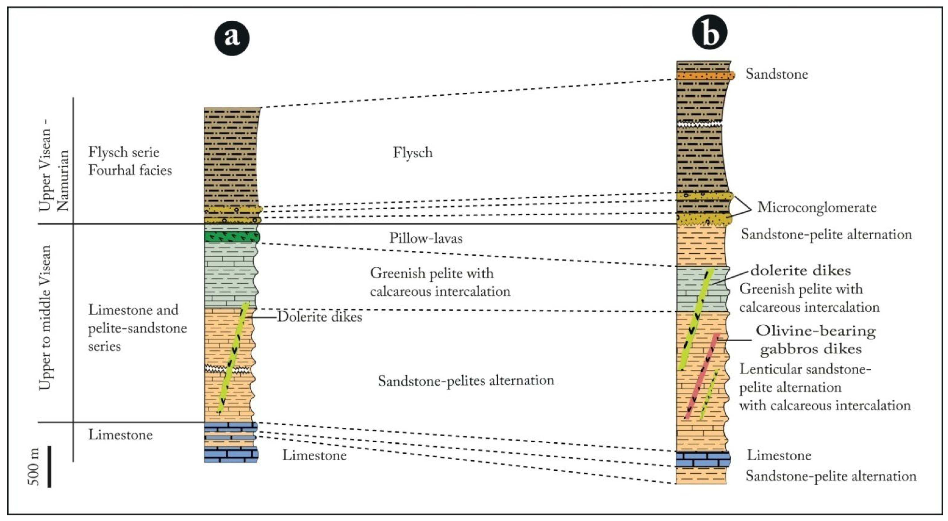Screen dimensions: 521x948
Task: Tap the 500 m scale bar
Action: [49, 467]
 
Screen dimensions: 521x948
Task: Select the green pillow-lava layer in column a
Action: [232, 237]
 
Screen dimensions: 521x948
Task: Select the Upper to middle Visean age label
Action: [45, 317]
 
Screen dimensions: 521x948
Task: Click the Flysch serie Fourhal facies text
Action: [130, 161]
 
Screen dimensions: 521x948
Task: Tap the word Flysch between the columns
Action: [412, 153]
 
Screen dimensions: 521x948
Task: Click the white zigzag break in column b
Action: [699, 124]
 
